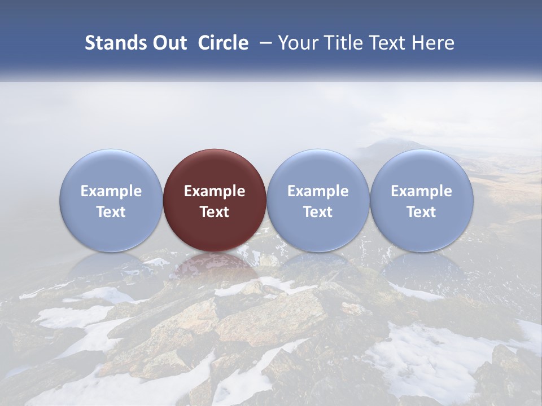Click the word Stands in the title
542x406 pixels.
pos(115,43)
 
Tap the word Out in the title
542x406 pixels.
pos(169,43)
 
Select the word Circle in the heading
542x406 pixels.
pos(223,43)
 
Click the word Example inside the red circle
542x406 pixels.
pos(215,191)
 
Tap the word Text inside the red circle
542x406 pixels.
pos(215,212)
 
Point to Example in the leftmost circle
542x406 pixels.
pos(111,191)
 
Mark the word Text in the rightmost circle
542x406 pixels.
pos(421,212)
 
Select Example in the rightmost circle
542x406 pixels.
pos(421,191)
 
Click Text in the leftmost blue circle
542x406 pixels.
pos(111,212)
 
